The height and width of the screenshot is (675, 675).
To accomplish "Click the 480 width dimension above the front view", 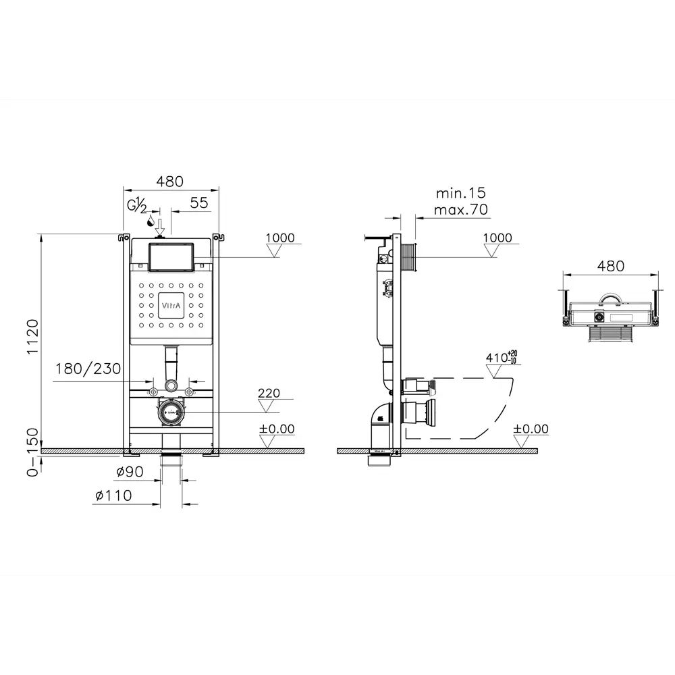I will (x=170, y=181).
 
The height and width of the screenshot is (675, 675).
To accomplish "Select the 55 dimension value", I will (x=198, y=202).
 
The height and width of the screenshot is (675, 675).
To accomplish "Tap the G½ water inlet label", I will (x=137, y=205).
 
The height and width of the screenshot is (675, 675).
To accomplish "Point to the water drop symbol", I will (x=150, y=221).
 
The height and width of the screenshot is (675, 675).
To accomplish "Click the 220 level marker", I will (x=268, y=394).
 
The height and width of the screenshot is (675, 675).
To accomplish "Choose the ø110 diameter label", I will (x=113, y=495).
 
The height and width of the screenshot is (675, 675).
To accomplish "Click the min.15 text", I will (x=460, y=194).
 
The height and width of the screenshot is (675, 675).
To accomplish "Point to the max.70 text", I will (x=460, y=210).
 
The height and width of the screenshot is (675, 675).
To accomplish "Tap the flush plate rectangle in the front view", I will (x=170, y=257).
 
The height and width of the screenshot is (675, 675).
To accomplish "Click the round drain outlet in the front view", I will (x=170, y=412).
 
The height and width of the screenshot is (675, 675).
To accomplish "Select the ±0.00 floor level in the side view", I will (x=531, y=429).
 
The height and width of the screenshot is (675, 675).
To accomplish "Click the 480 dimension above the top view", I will (x=611, y=266).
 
